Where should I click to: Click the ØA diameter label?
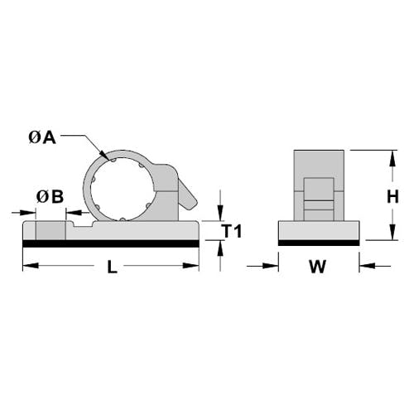[x=42, y=137]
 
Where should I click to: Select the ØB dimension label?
[x=50, y=197]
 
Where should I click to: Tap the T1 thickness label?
[x=233, y=231]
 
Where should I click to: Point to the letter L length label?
[x=112, y=267]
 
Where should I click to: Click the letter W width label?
[x=318, y=267]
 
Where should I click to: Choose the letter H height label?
[x=392, y=197]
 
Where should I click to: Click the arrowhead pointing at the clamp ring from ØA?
[x=104, y=155]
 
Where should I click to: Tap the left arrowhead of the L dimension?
[x=31, y=266]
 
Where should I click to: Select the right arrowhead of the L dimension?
[x=191, y=266]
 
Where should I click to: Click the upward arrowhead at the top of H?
[x=392, y=158]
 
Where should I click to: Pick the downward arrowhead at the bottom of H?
[x=392, y=232]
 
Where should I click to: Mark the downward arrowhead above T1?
[x=220, y=213]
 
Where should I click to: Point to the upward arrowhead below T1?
[x=220, y=248]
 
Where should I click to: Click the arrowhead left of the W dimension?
[x=271, y=266]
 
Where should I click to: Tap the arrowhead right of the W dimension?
[x=368, y=266]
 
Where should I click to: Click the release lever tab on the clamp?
[x=188, y=195]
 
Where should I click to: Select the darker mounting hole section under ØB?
[x=51, y=230]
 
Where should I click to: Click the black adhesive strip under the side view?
[x=111, y=243]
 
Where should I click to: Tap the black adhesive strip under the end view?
[x=319, y=243]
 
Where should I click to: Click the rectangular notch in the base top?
[x=83, y=224]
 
